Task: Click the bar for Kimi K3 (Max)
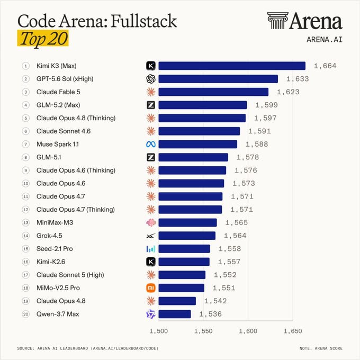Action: point(232,66)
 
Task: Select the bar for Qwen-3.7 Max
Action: point(175,314)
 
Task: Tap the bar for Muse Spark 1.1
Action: point(197,144)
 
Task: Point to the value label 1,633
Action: point(298,79)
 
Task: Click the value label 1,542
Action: point(215,301)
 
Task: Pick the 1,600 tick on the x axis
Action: point(248,331)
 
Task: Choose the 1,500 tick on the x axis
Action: point(158,331)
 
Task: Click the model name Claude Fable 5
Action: point(58,92)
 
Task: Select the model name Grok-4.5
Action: point(49,236)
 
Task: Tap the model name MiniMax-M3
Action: point(55,223)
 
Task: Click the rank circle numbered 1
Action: point(26,66)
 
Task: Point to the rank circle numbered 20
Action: point(26,314)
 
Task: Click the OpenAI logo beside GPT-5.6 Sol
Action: point(151,79)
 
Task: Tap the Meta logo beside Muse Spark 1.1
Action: point(151,144)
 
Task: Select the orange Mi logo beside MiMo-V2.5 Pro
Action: point(151,288)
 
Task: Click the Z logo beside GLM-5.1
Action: point(151,157)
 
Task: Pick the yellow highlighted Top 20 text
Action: point(43,38)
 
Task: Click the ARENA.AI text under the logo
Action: point(325,40)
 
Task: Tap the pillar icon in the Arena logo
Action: point(277,21)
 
